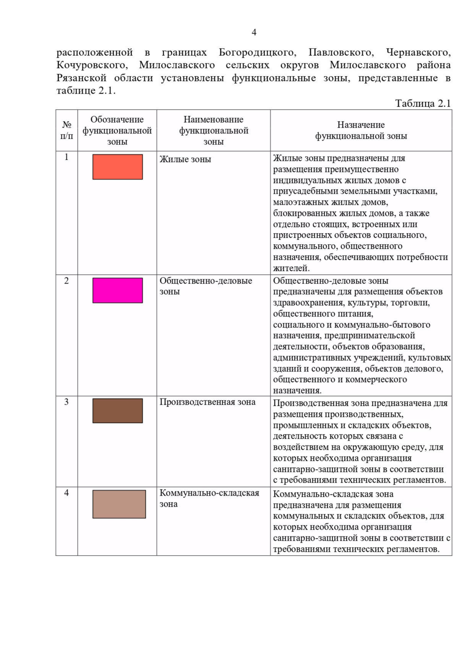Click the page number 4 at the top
(x=254, y=32)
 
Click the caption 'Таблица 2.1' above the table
(x=423, y=104)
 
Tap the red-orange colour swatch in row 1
(x=117, y=167)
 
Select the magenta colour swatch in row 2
(x=117, y=290)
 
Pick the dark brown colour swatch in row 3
(x=117, y=411)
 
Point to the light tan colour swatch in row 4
(x=119, y=504)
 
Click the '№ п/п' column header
(x=66, y=130)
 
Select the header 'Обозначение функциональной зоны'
(x=117, y=130)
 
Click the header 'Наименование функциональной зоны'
(x=213, y=130)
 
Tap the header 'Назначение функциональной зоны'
(x=361, y=130)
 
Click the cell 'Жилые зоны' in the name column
(x=185, y=160)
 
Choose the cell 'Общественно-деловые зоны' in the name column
(x=205, y=286)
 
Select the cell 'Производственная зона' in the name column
(x=207, y=402)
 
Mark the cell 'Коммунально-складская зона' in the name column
(x=209, y=498)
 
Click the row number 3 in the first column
(x=66, y=402)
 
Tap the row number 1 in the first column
(x=66, y=157)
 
